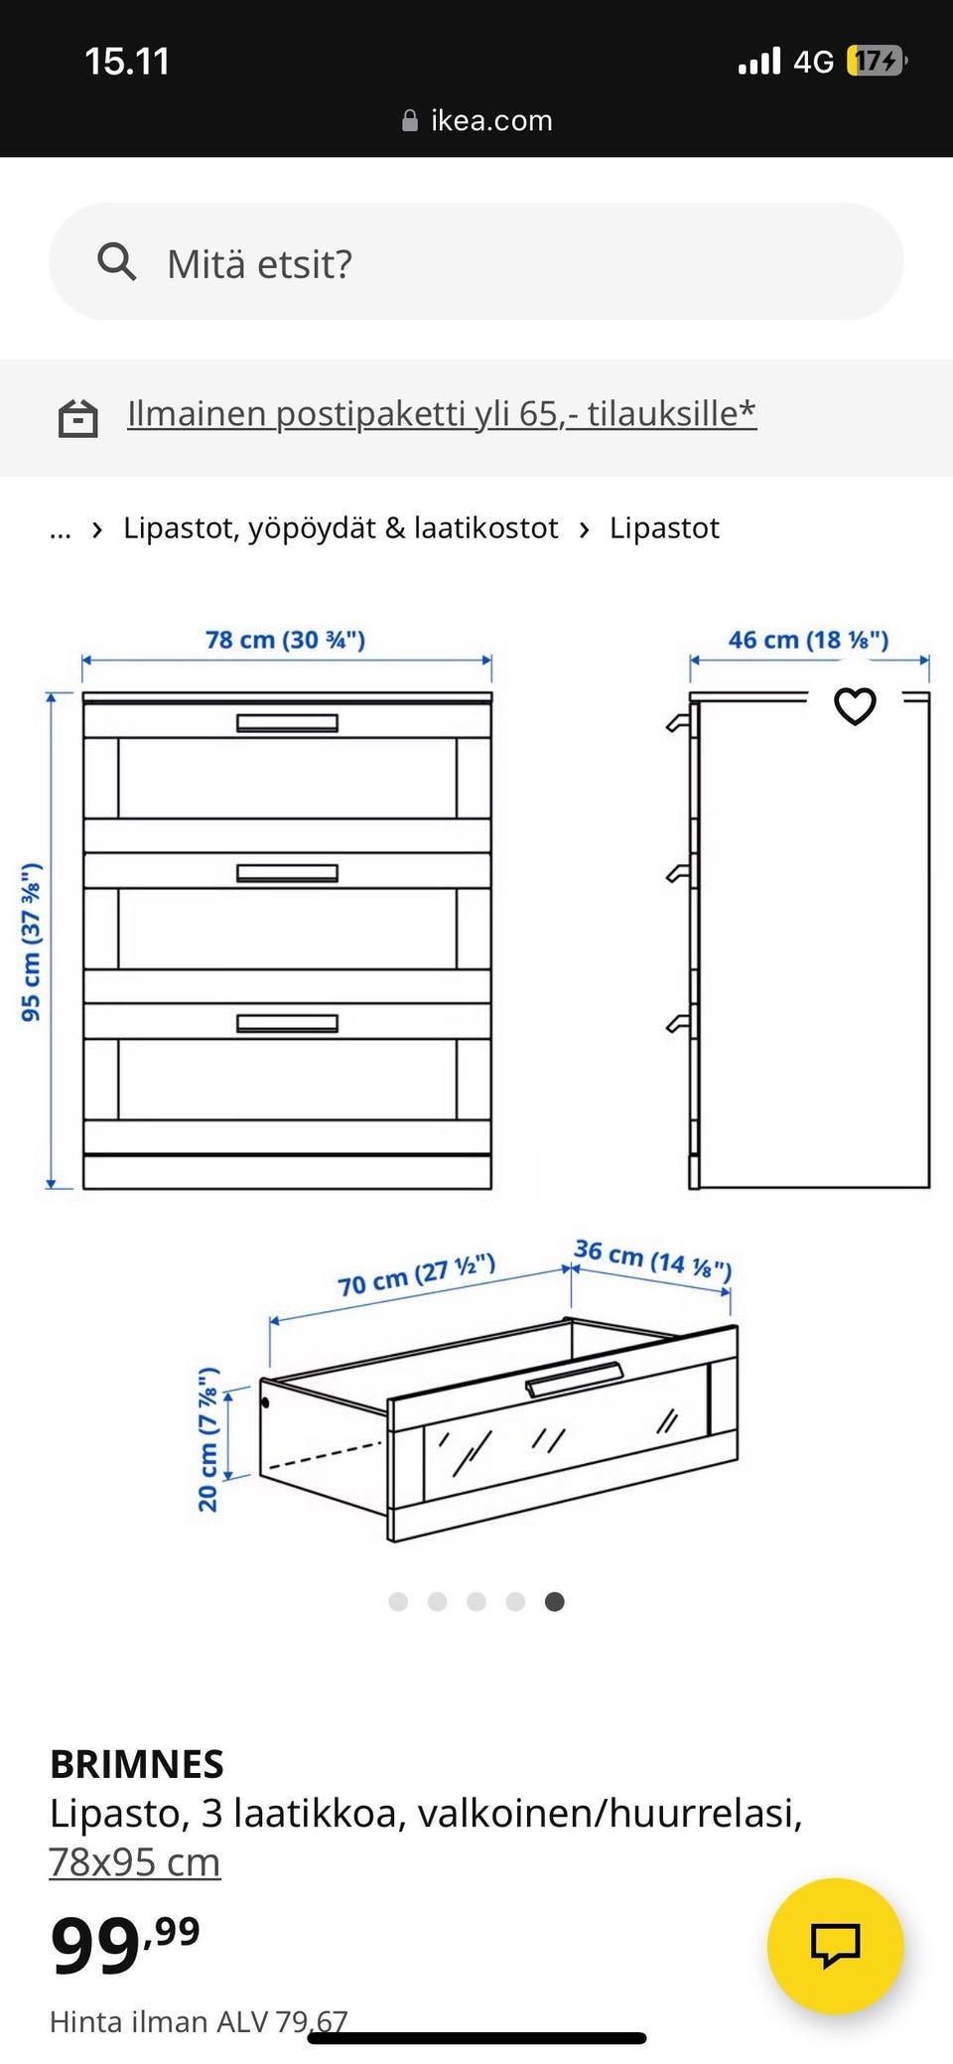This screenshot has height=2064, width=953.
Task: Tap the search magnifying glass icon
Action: [x=116, y=262]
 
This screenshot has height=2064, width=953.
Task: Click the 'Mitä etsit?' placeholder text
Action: [x=259, y=264]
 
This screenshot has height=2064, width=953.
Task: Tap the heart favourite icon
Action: [x=855, y=706]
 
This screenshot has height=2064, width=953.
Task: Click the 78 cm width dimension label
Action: [x=285, y=640]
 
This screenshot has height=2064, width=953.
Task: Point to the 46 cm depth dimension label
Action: [x=808, y=640]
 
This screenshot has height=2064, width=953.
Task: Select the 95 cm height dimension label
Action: [x=31, y=942]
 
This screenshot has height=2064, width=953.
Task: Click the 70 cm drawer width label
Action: [x=416, y=1274]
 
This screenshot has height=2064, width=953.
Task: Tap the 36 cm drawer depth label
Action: [x=652, y=1258]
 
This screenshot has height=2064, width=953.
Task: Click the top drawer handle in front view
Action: [x=287, y=722]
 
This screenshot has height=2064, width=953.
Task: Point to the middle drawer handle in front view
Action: [x=287, y=873]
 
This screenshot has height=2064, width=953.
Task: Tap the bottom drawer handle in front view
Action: [x=287, y=1023]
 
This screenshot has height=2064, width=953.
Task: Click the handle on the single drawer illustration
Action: [x=574, y=1380]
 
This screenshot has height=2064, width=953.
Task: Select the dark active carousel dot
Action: [x=555, y=1601]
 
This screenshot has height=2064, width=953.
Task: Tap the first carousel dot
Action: [x=398, y=1601]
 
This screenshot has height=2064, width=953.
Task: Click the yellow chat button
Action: [x=835, y=1946]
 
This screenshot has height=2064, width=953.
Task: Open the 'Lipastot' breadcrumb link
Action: [x=664, y=528]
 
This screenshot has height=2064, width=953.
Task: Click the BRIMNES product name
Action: [x=137, y=1764]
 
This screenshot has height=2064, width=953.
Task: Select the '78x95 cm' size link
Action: [x=135, y=1861]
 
